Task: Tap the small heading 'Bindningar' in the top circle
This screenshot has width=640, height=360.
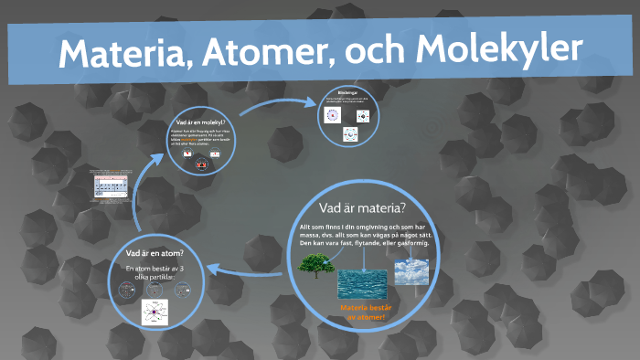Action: pos(348,92)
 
